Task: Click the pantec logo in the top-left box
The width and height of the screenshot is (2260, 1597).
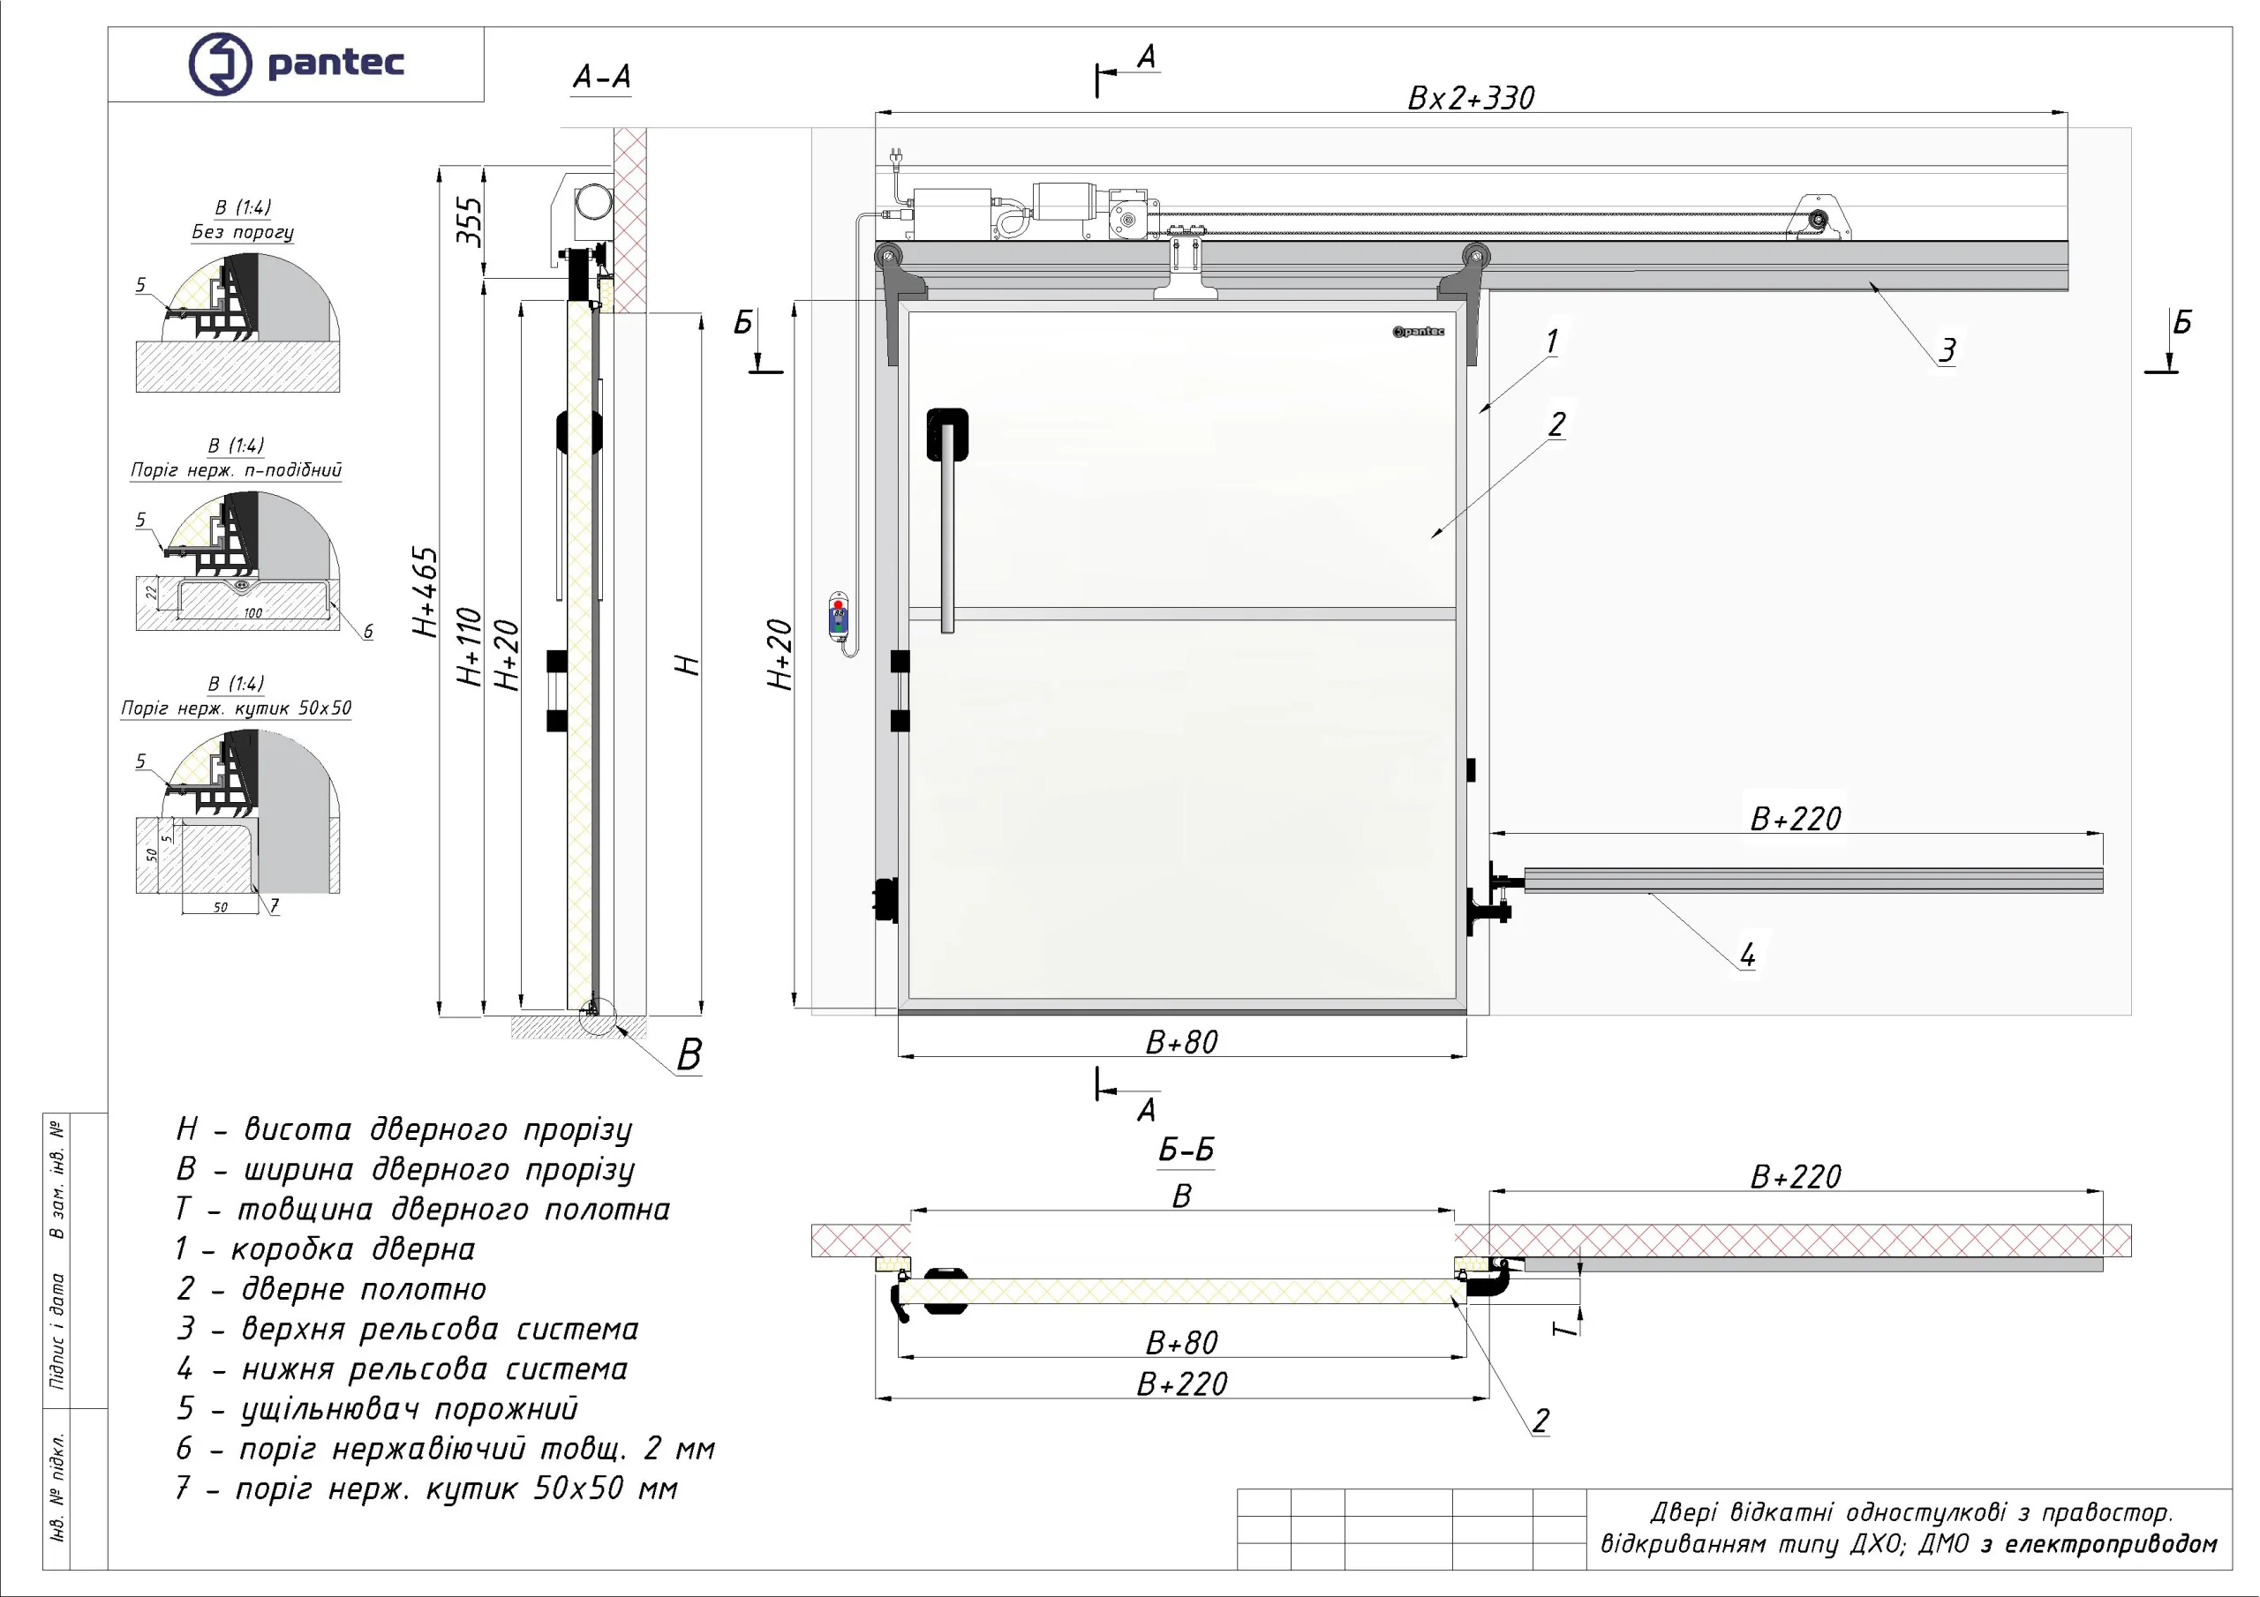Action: tap(295, 63)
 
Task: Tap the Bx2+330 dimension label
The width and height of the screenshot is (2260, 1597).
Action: tap(1471, 99)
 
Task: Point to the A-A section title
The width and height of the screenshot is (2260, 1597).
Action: tap(601, 77)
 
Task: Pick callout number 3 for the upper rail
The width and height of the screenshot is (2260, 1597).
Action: tap(1947, 350)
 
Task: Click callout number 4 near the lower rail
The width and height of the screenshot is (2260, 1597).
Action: tap(1747, 955)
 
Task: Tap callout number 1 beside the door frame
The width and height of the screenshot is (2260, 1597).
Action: tap(1551, 342)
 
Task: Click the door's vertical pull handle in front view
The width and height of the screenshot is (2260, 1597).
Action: tap(947, 521)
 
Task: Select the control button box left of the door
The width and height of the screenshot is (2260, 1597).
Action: tap(839, 616)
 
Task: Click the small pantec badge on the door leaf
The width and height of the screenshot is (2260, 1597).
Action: tap(1419, 332)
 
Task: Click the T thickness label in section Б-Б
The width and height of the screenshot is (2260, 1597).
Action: tap(1564, 1330)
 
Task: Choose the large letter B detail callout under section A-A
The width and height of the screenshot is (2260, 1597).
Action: tap(689, 1055)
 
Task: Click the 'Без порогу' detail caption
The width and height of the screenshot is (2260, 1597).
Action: tap(242, 232)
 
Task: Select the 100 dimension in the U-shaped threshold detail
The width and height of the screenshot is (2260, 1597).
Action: tap(253, 613)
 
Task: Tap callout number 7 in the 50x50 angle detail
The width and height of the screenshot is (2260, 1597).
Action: tap(274, 905)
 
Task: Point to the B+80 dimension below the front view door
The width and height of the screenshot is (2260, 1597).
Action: tap(1181, 1042)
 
